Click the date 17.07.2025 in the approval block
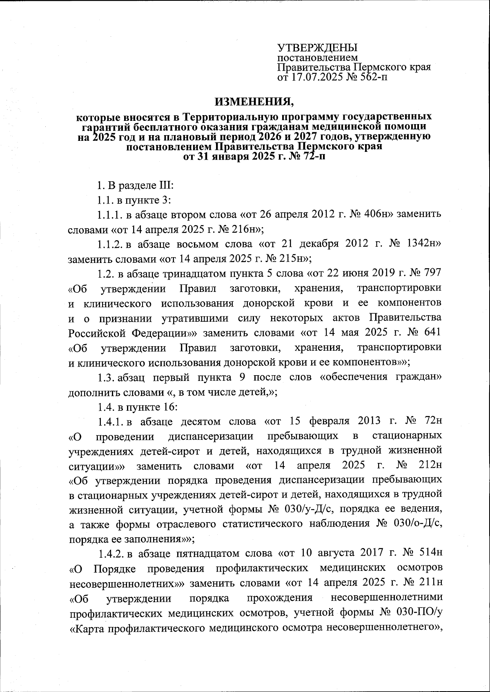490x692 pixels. pyautogui.click(x=316, y=76)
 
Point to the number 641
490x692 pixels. pyautogui.click(x=432, y=332)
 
